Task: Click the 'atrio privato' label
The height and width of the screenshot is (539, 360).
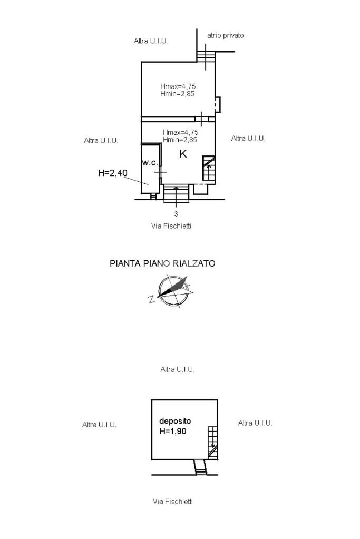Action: [225, 35]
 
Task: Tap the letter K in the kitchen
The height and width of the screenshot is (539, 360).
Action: [183, 154]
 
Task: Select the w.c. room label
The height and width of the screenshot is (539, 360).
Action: [150, 163]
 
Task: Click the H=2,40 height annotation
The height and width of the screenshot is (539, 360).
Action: [113, 173]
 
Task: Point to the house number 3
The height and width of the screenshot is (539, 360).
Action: [176, 214]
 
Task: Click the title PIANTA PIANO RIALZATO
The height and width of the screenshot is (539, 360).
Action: [162, 263]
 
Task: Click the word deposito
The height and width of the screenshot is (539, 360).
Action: [175, 421]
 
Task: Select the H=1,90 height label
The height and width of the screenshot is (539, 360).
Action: [173, 431]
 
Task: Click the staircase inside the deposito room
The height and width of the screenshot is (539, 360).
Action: [213, 443]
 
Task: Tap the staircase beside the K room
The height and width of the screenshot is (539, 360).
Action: [209, 169]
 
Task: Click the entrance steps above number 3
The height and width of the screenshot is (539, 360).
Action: [176, 194]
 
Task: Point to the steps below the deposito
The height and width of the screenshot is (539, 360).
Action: [200, 467]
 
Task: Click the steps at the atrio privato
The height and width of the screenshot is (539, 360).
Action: [206, 56]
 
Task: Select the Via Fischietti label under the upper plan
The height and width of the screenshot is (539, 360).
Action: [171, 226]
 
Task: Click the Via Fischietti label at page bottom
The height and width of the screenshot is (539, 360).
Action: [173, 502]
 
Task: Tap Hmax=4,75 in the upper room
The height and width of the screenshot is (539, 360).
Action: [178, 86]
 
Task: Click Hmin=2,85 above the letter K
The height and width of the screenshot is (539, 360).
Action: [180, 140]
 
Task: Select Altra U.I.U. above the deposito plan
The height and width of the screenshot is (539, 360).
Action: [178, 369]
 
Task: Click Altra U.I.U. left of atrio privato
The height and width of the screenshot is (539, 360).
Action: [151, 41]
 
